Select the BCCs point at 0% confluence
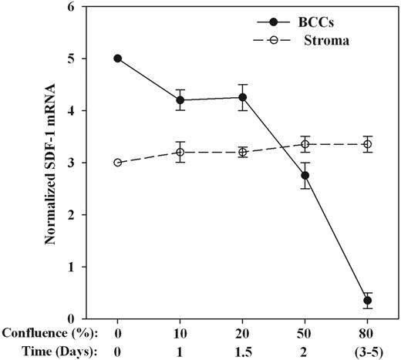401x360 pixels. [118, 58]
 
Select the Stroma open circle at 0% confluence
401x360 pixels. [118, 162]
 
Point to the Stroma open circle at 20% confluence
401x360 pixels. [243, 152]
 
